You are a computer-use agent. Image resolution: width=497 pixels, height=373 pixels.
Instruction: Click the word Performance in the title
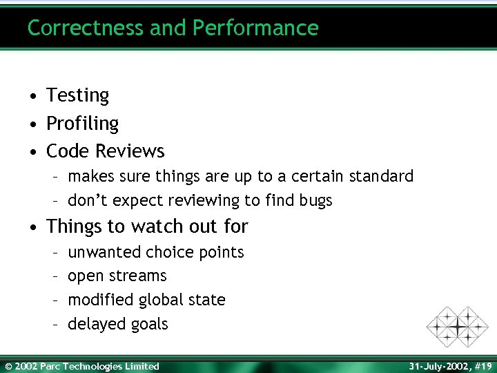pyautogui.click(x=255, y=28)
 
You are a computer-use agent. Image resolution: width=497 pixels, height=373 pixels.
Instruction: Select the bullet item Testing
pyautogui.click(x=77, y=95)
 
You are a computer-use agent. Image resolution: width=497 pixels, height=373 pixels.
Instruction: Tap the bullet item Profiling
pyautogui.click(x=82, y=124)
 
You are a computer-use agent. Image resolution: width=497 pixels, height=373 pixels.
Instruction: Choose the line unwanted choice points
pyautogui.click(x=155, y=253)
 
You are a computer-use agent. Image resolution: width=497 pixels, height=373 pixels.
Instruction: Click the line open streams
pyautogui.click(x=117, y=276)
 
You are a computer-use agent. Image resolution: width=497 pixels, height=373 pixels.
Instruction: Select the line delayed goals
pyautogui.click(x=118, y=324)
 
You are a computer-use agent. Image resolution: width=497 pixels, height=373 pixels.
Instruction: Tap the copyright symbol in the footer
pyautogui.click(x=8, y=366)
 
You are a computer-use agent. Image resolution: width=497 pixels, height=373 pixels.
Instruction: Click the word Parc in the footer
pyautogui.click(x=50, y=366)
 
